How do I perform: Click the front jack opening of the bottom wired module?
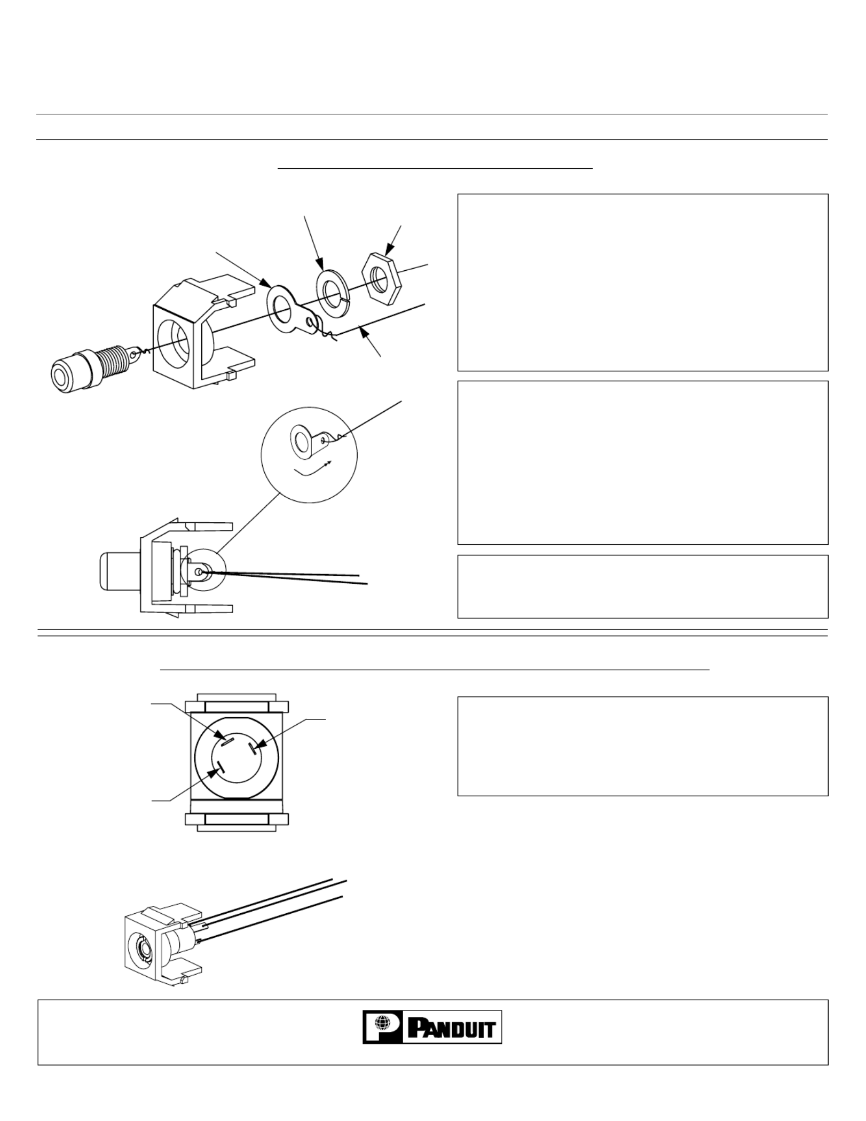tap(143, 948)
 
